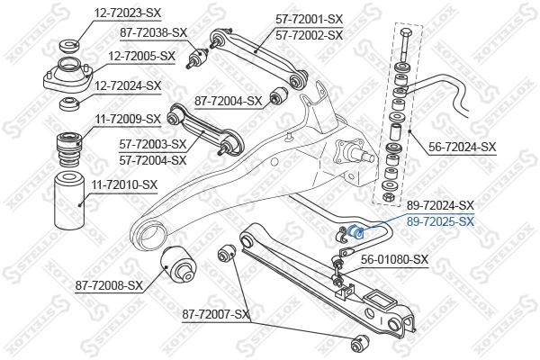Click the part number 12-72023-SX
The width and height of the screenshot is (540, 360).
pos(129,13)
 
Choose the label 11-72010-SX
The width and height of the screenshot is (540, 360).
pos(123,184)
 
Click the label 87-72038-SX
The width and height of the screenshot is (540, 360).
pos(154,32)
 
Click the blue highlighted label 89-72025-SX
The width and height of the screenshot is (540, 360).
pos(440,220)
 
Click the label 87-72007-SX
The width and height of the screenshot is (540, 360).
pos(216,314)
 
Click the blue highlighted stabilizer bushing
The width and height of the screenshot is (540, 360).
pos(355,232)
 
